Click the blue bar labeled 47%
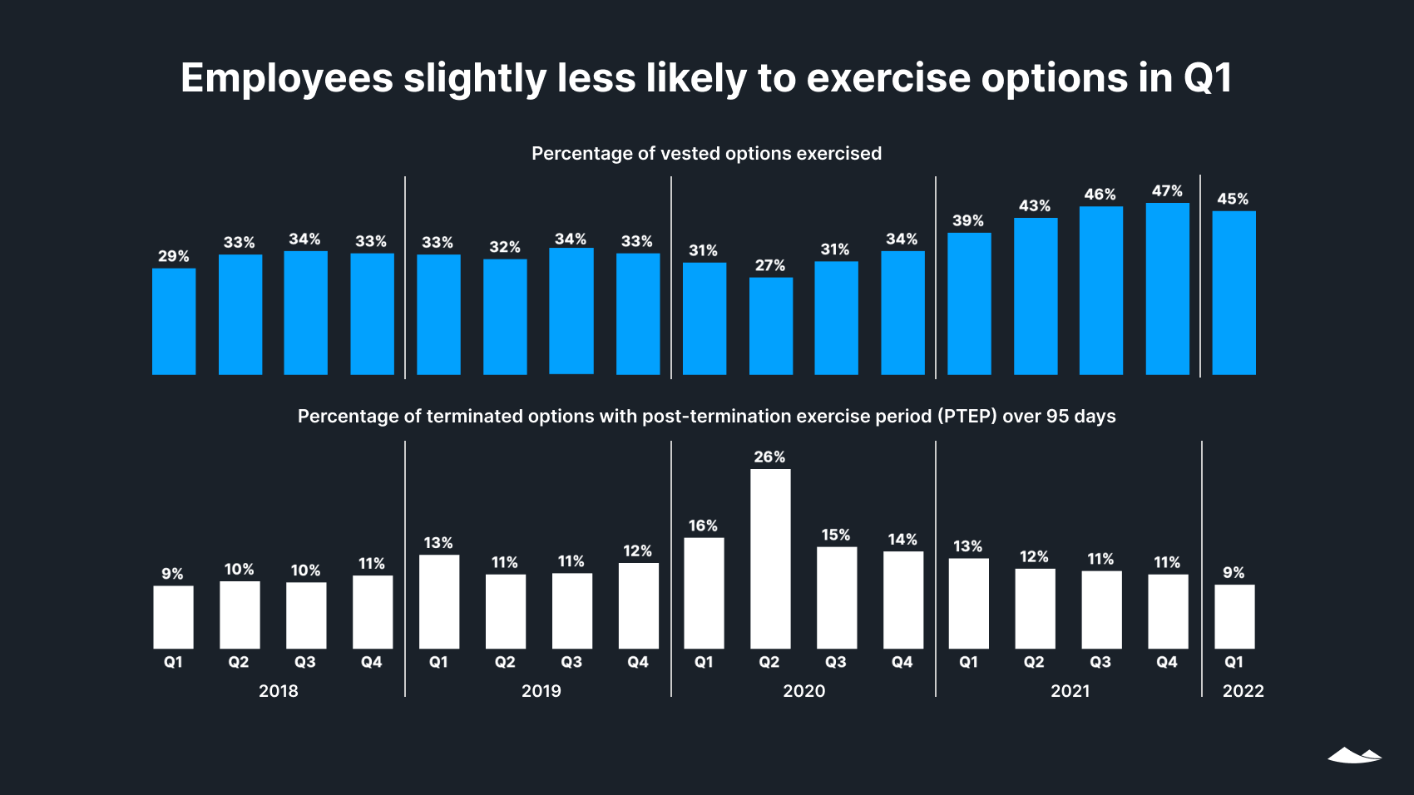1167,289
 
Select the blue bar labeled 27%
770,326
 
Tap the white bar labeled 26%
770,559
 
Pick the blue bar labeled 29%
174,321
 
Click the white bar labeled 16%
704,593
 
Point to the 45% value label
1233,199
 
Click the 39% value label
968,220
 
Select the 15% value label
836,535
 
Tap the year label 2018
278,691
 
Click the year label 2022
1243,691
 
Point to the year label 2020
803,691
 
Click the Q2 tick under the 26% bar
769,662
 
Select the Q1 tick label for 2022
1234,662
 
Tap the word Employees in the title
286,79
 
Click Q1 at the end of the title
1207,79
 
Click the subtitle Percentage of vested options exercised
706,154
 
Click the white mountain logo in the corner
1354,755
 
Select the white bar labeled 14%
902,600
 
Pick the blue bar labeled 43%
1036,296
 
